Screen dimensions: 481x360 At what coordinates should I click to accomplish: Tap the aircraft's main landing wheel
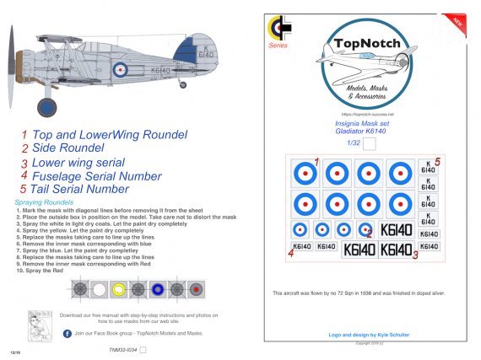[47, 107]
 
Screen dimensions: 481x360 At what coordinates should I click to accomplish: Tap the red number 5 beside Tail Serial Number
[25, 190]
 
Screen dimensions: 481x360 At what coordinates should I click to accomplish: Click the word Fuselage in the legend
[60, 176]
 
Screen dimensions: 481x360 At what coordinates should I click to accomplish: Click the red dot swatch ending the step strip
[195, 289]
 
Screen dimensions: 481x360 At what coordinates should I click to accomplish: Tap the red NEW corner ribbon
[460, 19]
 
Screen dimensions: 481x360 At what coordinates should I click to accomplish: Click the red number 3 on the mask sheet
[415, 255]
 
